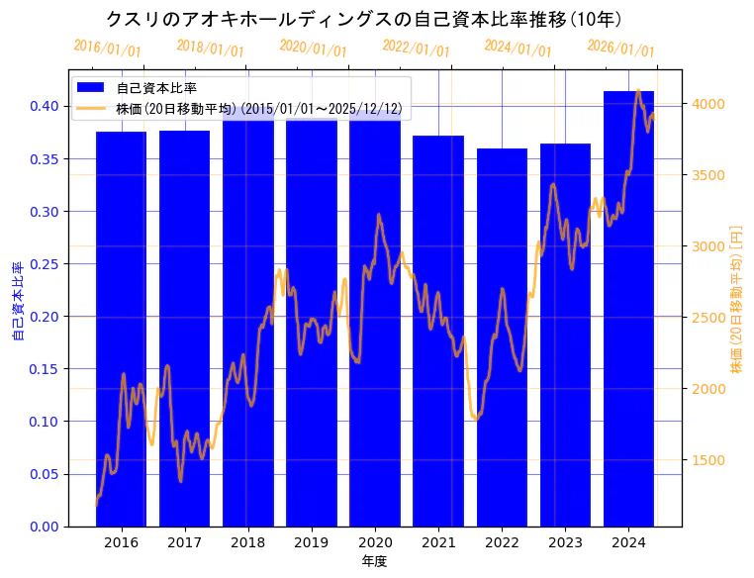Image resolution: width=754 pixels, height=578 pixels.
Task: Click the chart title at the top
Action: (x=363, y=19)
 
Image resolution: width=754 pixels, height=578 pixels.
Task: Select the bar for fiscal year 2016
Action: (x=121, y=327)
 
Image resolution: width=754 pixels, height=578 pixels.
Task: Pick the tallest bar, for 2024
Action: (x=628, y=307)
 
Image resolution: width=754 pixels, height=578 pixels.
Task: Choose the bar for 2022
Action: (x=502, y=337)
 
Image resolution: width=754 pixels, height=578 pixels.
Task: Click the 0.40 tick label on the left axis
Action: (x=44, y=106)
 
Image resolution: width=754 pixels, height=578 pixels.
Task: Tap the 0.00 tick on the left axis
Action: (x=44, y=527)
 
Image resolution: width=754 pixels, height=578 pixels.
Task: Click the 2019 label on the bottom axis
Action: (x=311, y=542)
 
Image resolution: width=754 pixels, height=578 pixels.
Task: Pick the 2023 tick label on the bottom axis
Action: (x=565, y=542)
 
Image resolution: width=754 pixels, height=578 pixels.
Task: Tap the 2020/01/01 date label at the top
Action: (x=313, y=48)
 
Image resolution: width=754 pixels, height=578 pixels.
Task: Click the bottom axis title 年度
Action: (x=374, y=561)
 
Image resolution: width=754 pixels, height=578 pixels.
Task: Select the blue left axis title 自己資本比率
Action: (x=17, y=301)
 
